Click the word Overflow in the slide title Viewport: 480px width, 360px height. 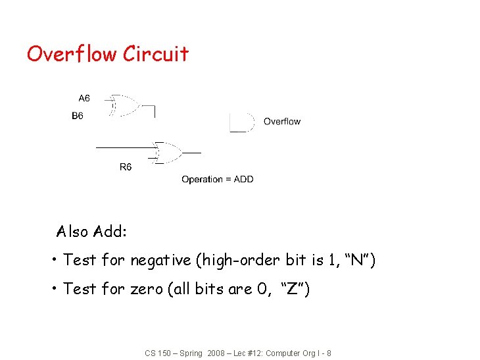click(x=72, y=53)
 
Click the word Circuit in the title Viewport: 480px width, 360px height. click(x=156, y=53)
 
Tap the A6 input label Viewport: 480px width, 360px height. click(x=84, y=99)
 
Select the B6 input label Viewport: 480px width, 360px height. click(x=78, y=116)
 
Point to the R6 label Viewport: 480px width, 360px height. click(x=125, y=167)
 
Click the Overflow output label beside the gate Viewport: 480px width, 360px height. click(x=282, y=121)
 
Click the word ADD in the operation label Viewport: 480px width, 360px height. click(x=244, y=179)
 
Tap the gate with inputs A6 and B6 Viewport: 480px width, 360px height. click(x=124, y=105)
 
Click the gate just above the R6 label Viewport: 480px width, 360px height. click(x=168, y=152)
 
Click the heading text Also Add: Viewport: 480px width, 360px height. click(x=92, y=232)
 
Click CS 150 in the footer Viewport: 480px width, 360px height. click(x=157, y=353)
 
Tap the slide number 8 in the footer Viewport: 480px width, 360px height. click(x=329, y=353)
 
